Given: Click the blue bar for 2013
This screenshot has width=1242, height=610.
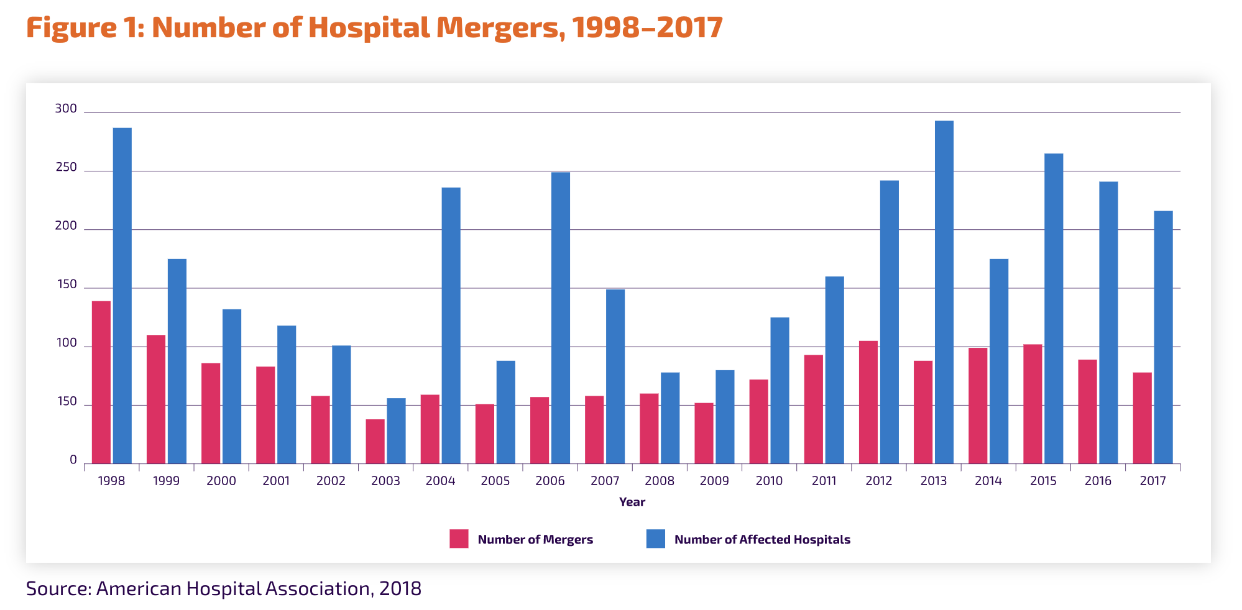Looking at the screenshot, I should [x=944, y=292].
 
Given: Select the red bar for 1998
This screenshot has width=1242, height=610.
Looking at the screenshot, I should [x=101, y=382].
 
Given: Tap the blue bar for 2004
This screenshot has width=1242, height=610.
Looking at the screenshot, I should [x=451, y=325].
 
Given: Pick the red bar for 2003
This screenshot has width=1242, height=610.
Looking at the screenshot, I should [x=375, y=441].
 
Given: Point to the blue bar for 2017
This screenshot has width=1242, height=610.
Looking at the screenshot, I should [x=1163, y=337].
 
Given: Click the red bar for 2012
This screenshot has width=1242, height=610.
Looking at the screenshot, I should [x=868, y=402].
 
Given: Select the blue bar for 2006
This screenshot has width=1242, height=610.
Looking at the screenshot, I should [x=560, y=317].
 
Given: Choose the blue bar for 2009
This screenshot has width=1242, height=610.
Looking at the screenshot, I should [x=725, y=417].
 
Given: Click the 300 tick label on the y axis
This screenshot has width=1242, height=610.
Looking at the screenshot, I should [x=66, y=109].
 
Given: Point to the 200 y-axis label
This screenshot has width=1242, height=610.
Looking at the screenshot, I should [x=66, y=226].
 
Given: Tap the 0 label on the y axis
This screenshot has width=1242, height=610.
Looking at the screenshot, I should [x=73, y=460].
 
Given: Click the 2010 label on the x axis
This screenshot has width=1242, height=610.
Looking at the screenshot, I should [x=769, y=481].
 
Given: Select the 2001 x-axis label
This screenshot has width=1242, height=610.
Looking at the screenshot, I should [x=276, y=481].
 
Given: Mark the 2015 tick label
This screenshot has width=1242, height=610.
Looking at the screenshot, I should [x=1043, y=481].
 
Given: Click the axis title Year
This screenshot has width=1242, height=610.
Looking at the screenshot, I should [x=632, y=502].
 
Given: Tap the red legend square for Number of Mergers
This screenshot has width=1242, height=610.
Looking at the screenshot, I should [x=459, y=539].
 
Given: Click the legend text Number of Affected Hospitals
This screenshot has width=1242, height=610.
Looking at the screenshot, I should [x=762, y=540].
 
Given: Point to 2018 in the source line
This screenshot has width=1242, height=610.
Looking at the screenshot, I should [x=400, y=588].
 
